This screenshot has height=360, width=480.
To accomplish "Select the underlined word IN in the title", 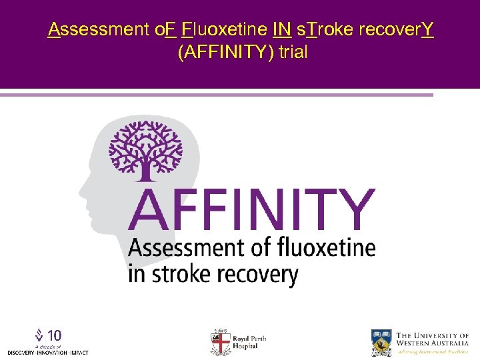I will [x=281, y=29].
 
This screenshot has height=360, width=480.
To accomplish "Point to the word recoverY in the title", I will [x=396, y=29].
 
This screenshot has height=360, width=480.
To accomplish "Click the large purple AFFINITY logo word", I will [x=251, y=210].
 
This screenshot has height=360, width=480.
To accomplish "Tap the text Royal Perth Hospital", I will [x=249, y=342].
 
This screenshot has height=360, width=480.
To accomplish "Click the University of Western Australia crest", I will [x=381, y=342].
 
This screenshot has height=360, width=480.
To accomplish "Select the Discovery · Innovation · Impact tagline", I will [x=47, y=352].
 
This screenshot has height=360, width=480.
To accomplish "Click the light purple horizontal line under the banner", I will [x=217, y=95].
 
